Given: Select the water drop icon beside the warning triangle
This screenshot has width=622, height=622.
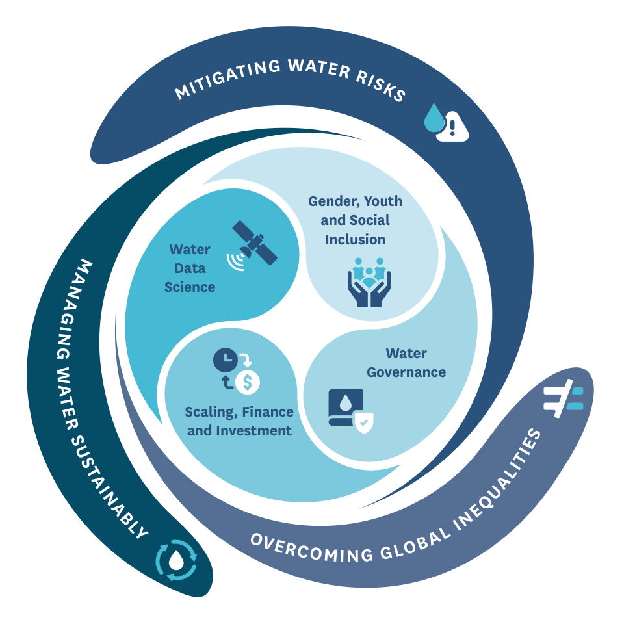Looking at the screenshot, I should [x=434, y=118].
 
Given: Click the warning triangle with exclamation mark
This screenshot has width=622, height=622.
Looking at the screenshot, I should [x=453, y=127].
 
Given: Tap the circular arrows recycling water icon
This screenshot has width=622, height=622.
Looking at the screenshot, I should [x=175, y=560].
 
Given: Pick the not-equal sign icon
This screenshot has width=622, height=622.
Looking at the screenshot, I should [x=563, y=398].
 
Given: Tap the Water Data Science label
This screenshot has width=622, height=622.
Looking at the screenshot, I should [x=190, y=268].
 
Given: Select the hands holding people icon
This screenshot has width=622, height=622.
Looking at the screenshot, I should [x=369, y=281].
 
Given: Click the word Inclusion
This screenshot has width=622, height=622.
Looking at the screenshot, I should [x=355, y=239].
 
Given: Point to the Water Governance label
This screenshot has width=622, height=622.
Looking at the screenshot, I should [x=406, y=363].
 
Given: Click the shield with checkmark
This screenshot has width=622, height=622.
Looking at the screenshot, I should [x=363, y=423].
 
